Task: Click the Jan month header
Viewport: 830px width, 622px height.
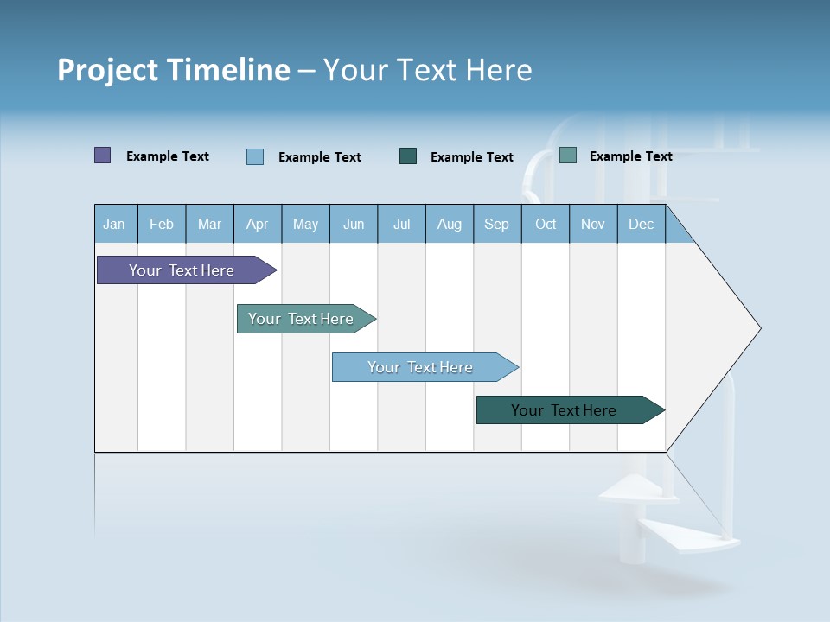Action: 114,224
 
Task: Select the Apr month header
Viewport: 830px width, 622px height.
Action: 257,224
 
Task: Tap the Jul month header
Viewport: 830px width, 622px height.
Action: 401,224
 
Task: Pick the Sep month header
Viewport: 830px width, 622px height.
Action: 496,224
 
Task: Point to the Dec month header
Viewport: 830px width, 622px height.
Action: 641,224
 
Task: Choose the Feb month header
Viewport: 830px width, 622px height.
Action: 162,224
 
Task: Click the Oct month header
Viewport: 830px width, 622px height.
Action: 546,224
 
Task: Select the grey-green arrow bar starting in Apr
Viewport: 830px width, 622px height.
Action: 303,319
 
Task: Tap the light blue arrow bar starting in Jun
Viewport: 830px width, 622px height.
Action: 422,367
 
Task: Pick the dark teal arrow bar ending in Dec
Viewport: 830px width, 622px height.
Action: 566,410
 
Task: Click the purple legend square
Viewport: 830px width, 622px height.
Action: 103,155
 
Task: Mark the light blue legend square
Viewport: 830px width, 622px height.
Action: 255,156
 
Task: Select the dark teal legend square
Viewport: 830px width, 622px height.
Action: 408,156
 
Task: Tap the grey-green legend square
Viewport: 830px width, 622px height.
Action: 568,155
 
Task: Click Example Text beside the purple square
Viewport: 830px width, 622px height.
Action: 168,156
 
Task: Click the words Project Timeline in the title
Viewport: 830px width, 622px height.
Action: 173,70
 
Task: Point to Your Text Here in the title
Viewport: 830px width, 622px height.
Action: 427,70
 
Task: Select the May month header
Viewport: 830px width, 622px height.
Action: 305,224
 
